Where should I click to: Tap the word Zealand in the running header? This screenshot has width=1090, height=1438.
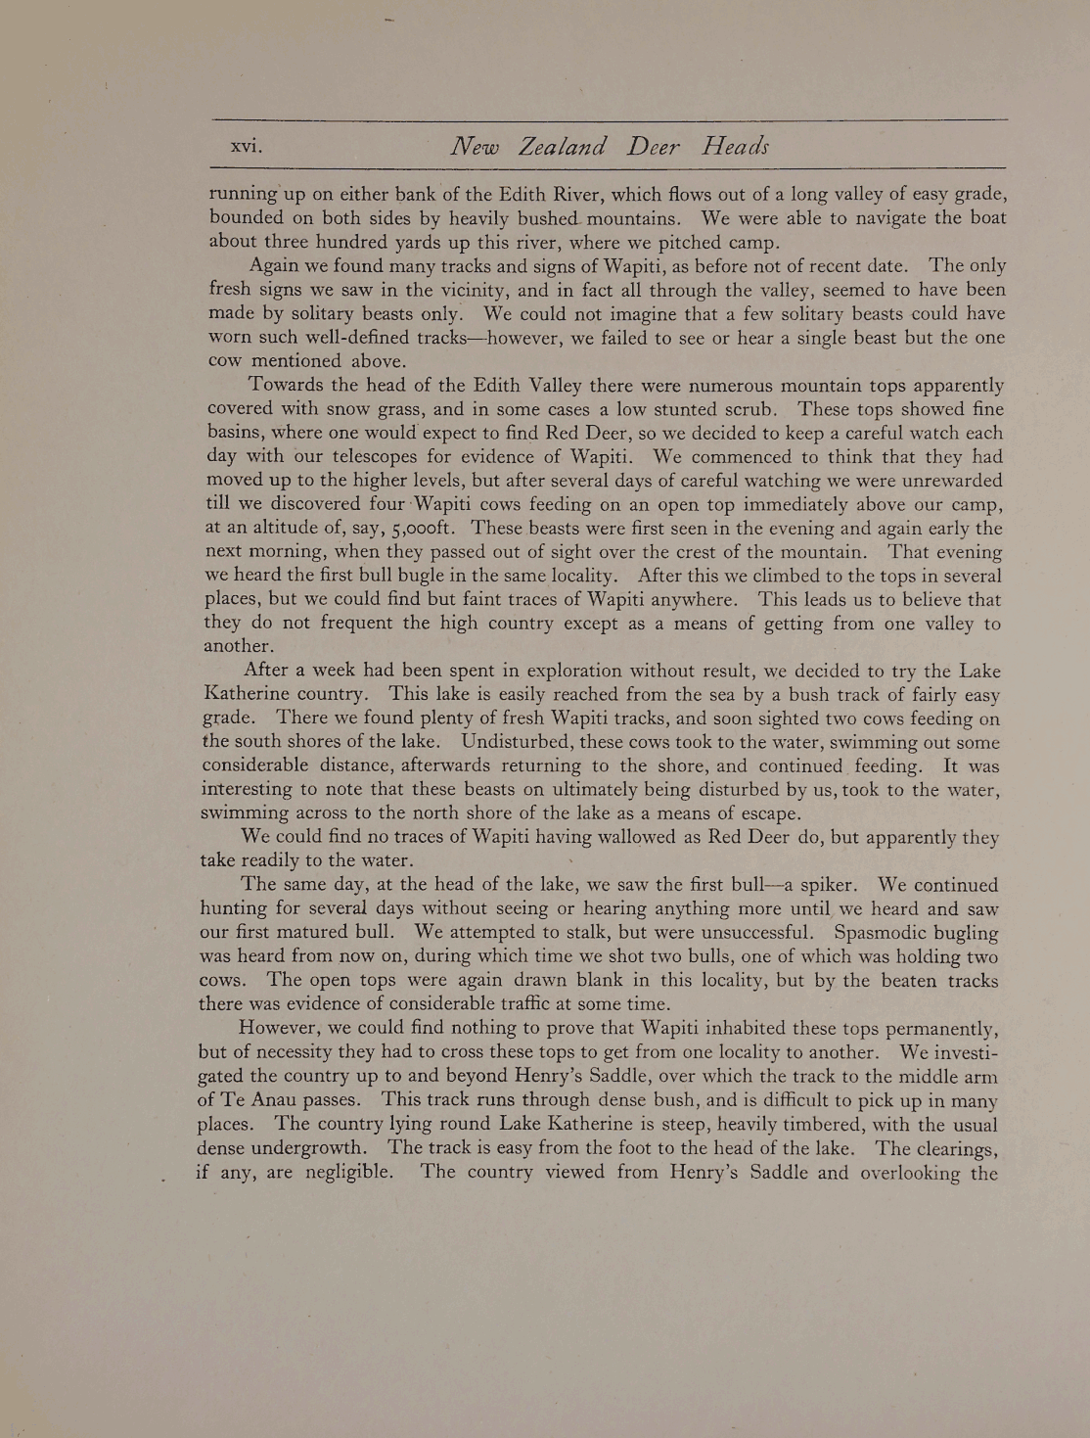click(x=562, y=147)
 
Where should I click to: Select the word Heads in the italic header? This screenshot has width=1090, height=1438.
click(x=735, y=147)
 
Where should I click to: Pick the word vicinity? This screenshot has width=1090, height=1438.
click(x=465, y=290)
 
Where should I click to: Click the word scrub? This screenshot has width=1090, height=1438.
click(x=749, y=409)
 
